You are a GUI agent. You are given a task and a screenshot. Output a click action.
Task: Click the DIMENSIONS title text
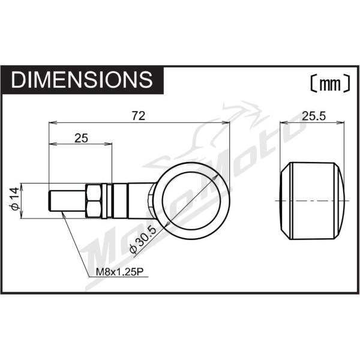click(x=82, y=79)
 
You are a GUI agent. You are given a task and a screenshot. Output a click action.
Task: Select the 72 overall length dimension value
click(x=139, y=116)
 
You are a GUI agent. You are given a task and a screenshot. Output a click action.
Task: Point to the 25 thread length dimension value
click(x=81, y=138)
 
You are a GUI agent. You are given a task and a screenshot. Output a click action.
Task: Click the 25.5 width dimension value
click(x=314, y=116)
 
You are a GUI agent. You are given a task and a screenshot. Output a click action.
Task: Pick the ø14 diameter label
click(x=14, y=199)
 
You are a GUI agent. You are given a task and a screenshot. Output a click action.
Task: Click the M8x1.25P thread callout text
click(x=119, y=272)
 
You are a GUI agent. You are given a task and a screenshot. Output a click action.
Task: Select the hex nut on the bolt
click(x=94, y=201)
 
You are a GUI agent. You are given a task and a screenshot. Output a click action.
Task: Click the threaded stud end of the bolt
click(x=67, y=200)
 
